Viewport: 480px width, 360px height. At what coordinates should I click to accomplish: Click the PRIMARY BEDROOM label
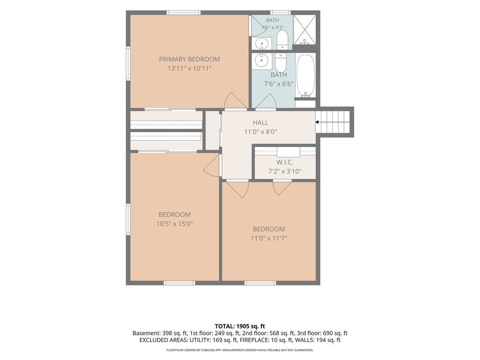point(189,59)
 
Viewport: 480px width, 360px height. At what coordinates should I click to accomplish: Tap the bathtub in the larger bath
point(306,76)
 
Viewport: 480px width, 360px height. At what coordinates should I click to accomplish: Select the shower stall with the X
point(305,30)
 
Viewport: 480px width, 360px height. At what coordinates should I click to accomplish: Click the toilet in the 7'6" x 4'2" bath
point(282,40)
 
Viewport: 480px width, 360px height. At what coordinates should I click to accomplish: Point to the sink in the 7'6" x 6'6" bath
point(261,60)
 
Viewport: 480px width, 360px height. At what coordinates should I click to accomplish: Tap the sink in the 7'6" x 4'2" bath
point(261,44)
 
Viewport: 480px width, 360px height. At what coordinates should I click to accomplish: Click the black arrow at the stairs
point(317,122)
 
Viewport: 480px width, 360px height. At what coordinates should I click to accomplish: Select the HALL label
point(260,123)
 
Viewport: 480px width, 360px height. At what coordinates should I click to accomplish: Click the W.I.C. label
point(285,162)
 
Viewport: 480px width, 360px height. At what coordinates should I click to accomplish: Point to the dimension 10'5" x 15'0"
point(174,224)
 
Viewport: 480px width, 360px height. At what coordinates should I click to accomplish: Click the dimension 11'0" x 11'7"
point(269,238)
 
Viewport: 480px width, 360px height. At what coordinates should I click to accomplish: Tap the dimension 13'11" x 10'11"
point(189,68)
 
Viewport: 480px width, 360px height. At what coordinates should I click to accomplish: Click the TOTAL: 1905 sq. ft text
point(240,326)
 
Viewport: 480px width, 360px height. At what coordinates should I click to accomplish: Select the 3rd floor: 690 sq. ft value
point(322,333)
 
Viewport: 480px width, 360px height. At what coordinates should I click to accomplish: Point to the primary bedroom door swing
point(236,100)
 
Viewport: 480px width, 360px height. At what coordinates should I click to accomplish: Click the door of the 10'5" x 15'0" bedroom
point(211,166)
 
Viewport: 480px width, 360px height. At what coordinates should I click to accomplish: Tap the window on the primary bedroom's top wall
point(184,13)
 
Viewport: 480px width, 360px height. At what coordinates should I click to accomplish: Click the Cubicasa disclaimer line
point(240,350)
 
